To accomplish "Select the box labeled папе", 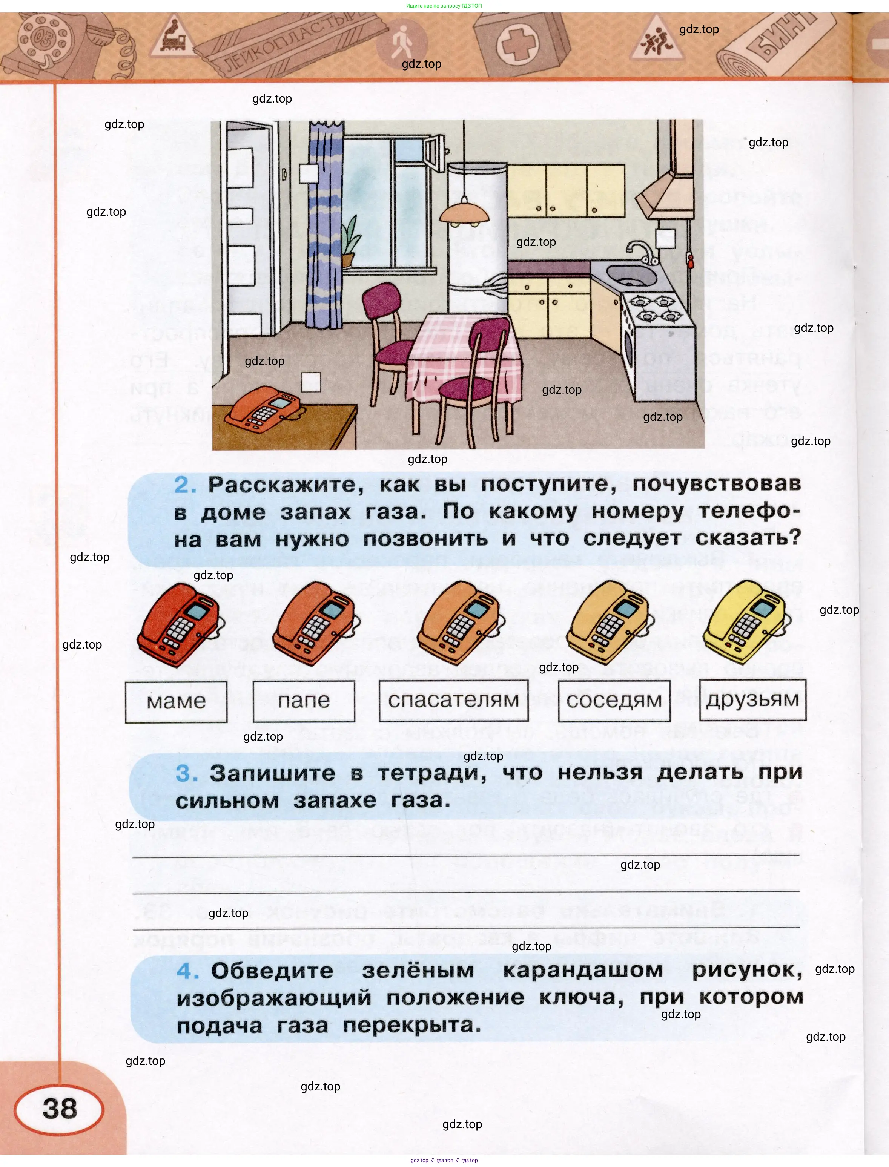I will coord(304,701).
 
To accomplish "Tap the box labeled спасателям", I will coord(453,701).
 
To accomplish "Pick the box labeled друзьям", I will coord(752,700).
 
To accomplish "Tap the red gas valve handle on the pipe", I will coord(689,260).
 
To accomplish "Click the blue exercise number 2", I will coord(185,485).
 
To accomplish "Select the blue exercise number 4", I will coord(187,971).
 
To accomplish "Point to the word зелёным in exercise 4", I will coord(418,971).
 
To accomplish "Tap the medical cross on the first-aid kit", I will coord(513,45).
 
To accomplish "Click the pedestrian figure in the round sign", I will coord(401,41).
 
